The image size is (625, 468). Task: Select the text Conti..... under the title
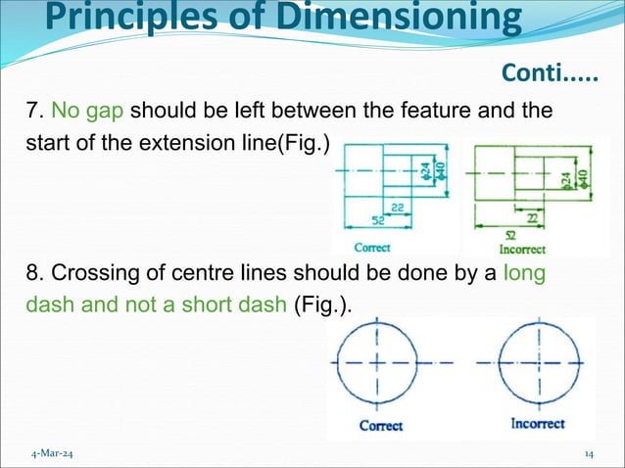tap(550, 72)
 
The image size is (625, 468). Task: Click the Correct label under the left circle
tap(381, 425)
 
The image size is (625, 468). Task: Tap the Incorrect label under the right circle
tap(538, 424)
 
